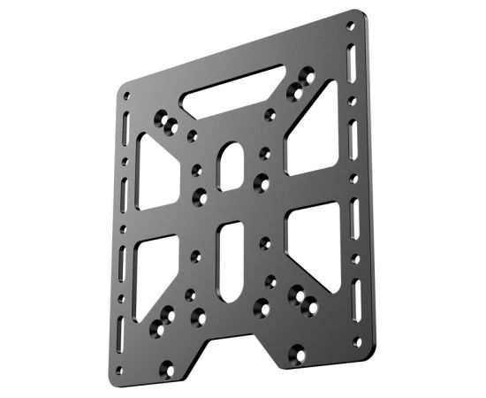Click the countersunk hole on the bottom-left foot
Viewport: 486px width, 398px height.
coord(165,361)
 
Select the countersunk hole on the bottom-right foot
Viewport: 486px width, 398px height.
coord(298,356)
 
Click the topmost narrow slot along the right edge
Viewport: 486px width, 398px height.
coord(357,67)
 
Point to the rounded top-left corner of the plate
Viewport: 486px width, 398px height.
coord(124,87)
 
